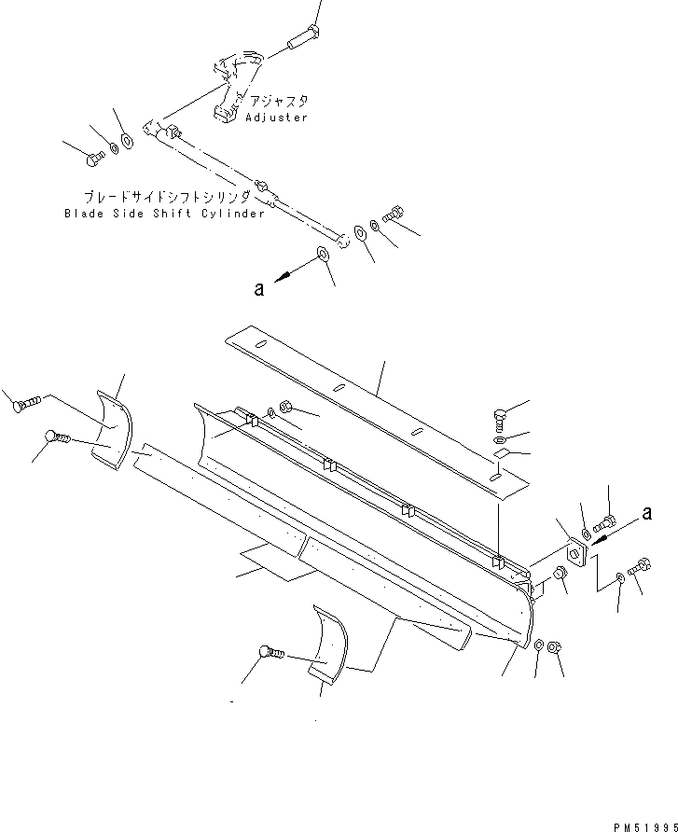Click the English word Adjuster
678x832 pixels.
tap(276, 118)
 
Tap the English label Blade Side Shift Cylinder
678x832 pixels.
tap(164, 213)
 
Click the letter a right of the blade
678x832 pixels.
tap(644, 512)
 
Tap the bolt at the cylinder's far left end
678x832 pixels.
tap(93, 161)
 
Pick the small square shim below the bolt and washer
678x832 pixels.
tap(501, 454)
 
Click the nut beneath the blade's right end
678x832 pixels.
tap(554, 646)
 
